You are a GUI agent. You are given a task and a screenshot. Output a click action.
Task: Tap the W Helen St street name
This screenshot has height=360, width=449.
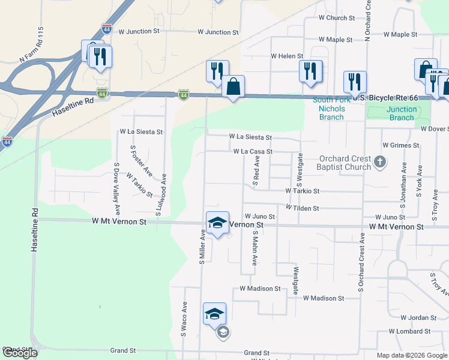point(287,56)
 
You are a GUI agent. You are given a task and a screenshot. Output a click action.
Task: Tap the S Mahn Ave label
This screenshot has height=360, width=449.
point(255,248)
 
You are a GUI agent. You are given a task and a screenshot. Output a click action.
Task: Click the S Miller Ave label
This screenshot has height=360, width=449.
point(203,249)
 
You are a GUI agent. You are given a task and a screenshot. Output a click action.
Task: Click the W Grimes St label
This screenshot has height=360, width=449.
point(400,145)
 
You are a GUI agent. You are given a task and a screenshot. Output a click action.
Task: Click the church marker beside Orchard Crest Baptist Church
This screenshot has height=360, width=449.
point(379,161)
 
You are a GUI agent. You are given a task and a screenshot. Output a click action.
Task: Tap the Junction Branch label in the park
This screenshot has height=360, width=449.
point(402,113)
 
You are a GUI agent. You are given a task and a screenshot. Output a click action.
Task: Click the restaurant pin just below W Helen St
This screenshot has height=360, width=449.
point(310,71)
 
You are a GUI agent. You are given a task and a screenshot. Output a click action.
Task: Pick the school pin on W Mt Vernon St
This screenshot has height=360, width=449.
point(217,223)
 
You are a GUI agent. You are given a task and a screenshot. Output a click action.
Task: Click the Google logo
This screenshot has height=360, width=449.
point(20,353)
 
